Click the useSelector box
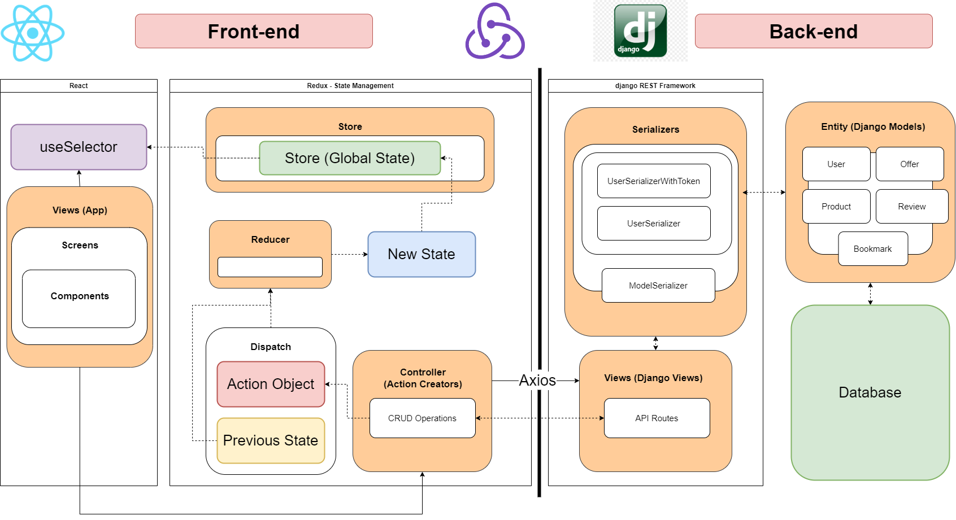point(79,147)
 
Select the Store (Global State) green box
point(350,158)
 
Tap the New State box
point(421,254)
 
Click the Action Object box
point(271,384)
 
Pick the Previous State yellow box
point(271,440)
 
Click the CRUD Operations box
point(422,418)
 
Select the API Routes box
point(657,418)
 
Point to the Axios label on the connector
point(537,381)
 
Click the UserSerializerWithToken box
point(654,181)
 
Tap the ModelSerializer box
point(658,286)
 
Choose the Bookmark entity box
point(872,249)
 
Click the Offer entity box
point(910,164)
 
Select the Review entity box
point(911,207)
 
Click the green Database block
point(870,392)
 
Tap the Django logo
point(640,31)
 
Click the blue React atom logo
point(33,33)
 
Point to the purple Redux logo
point(495,32)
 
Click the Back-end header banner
point(814,32)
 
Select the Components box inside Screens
point(79,299)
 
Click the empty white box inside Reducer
point(270,267)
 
